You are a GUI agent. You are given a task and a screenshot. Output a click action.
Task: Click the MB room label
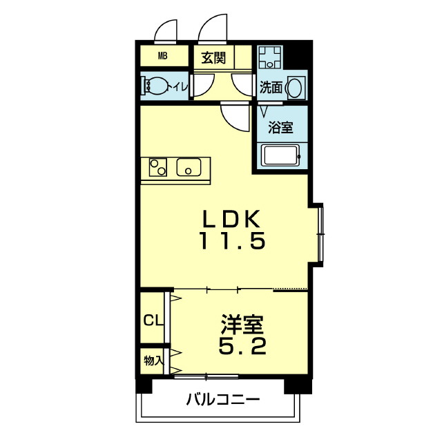[x=163, y=56]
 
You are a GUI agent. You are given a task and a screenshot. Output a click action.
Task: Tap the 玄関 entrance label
[x=213, y=58]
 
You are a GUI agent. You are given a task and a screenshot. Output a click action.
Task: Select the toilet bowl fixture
[x=155, y=86]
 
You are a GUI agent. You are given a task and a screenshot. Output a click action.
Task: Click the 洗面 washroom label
[x=271, y=88]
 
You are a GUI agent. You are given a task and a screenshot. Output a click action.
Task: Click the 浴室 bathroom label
[x=280, y=127]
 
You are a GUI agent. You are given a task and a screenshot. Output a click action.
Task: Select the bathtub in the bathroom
[x=280, y=155]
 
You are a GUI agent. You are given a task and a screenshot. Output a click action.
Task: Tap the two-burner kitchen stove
[x=158, y=167]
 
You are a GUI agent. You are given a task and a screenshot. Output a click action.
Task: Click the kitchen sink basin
[x=189, y=167]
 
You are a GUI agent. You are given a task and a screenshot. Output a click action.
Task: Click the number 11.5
[x=233, y=240]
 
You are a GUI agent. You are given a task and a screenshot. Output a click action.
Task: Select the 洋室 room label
[x=242, y=325]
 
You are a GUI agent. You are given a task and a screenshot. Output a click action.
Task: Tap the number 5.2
[x=242, y=346]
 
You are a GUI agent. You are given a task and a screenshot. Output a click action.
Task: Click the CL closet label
[x=153, y=320]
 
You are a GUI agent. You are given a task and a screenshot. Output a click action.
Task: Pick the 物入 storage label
[x=153, y=361]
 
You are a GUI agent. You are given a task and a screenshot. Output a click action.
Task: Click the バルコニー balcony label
[x=222, y=399]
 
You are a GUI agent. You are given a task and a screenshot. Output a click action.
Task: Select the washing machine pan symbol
[x=270, y=57]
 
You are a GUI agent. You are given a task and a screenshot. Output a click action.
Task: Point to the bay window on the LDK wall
[x=320, y=235]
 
